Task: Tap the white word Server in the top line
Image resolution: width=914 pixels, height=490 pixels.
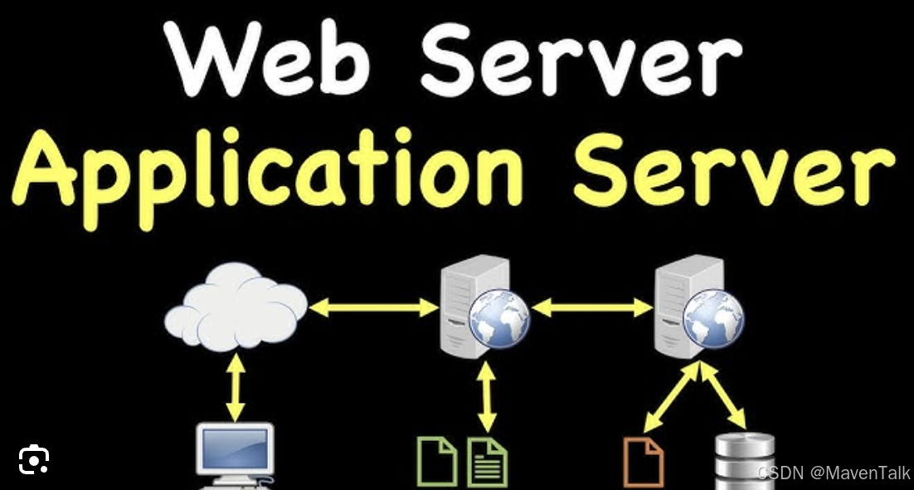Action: coord(581,60)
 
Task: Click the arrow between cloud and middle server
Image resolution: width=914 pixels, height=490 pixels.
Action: coord(373,308)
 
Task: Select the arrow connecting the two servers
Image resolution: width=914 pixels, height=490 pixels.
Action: coord(592,308)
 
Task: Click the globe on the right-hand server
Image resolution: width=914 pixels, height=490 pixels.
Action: coord(713,318)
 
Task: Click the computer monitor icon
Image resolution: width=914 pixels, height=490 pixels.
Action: coord(236,453)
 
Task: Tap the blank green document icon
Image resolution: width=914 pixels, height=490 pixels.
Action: coord(436,462)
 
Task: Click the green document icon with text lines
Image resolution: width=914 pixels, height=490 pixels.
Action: coord(488,462)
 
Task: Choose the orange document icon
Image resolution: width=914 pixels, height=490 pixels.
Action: coord(644,462)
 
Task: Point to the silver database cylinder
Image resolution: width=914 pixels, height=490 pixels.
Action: coord(744,461)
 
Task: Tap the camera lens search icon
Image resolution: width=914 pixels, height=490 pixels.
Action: coord(34,459)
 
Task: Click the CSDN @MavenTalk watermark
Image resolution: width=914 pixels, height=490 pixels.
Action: coord(833,473)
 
